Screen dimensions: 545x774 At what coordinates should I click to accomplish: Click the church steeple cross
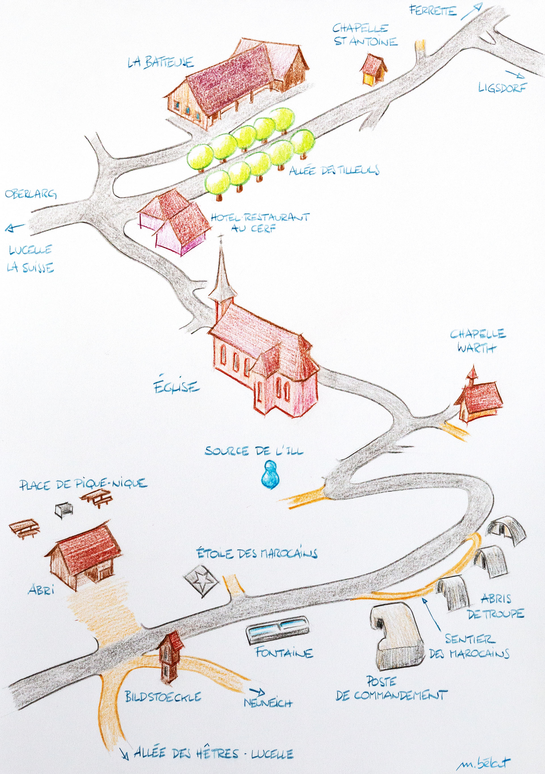click(x=221, y=240)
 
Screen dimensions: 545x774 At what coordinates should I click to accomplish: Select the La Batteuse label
click(x=160, y=62)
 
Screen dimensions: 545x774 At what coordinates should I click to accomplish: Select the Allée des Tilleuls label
click(x=334, y=170)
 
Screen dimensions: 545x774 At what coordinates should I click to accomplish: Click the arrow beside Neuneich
click(x=257, y=692)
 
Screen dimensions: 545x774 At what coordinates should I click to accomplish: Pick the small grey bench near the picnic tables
click(x=64, y=510)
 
